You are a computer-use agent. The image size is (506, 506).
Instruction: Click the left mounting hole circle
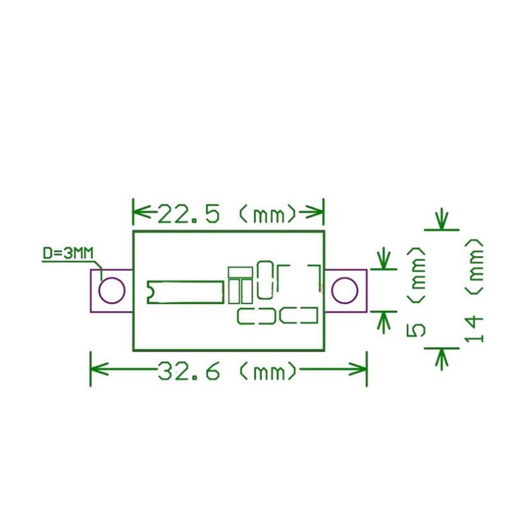click(x=111, y=290)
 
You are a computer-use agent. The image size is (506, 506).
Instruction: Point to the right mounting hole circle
click(x=345, y=290)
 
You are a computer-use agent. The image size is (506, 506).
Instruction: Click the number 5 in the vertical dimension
click(x=416, y=329)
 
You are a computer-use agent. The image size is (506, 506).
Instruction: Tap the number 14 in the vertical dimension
click(x=473, y=329)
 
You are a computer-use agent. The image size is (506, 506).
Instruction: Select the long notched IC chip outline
click(x=186, y=291)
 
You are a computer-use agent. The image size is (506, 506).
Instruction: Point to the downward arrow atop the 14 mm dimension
click(x=441, y=219)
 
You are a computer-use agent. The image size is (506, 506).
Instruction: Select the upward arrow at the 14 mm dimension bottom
click(x=441, y=359)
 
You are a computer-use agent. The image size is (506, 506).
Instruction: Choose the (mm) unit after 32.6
click(x=268, y=371)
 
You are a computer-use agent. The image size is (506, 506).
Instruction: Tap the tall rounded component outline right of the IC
click(x=265, y=279)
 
